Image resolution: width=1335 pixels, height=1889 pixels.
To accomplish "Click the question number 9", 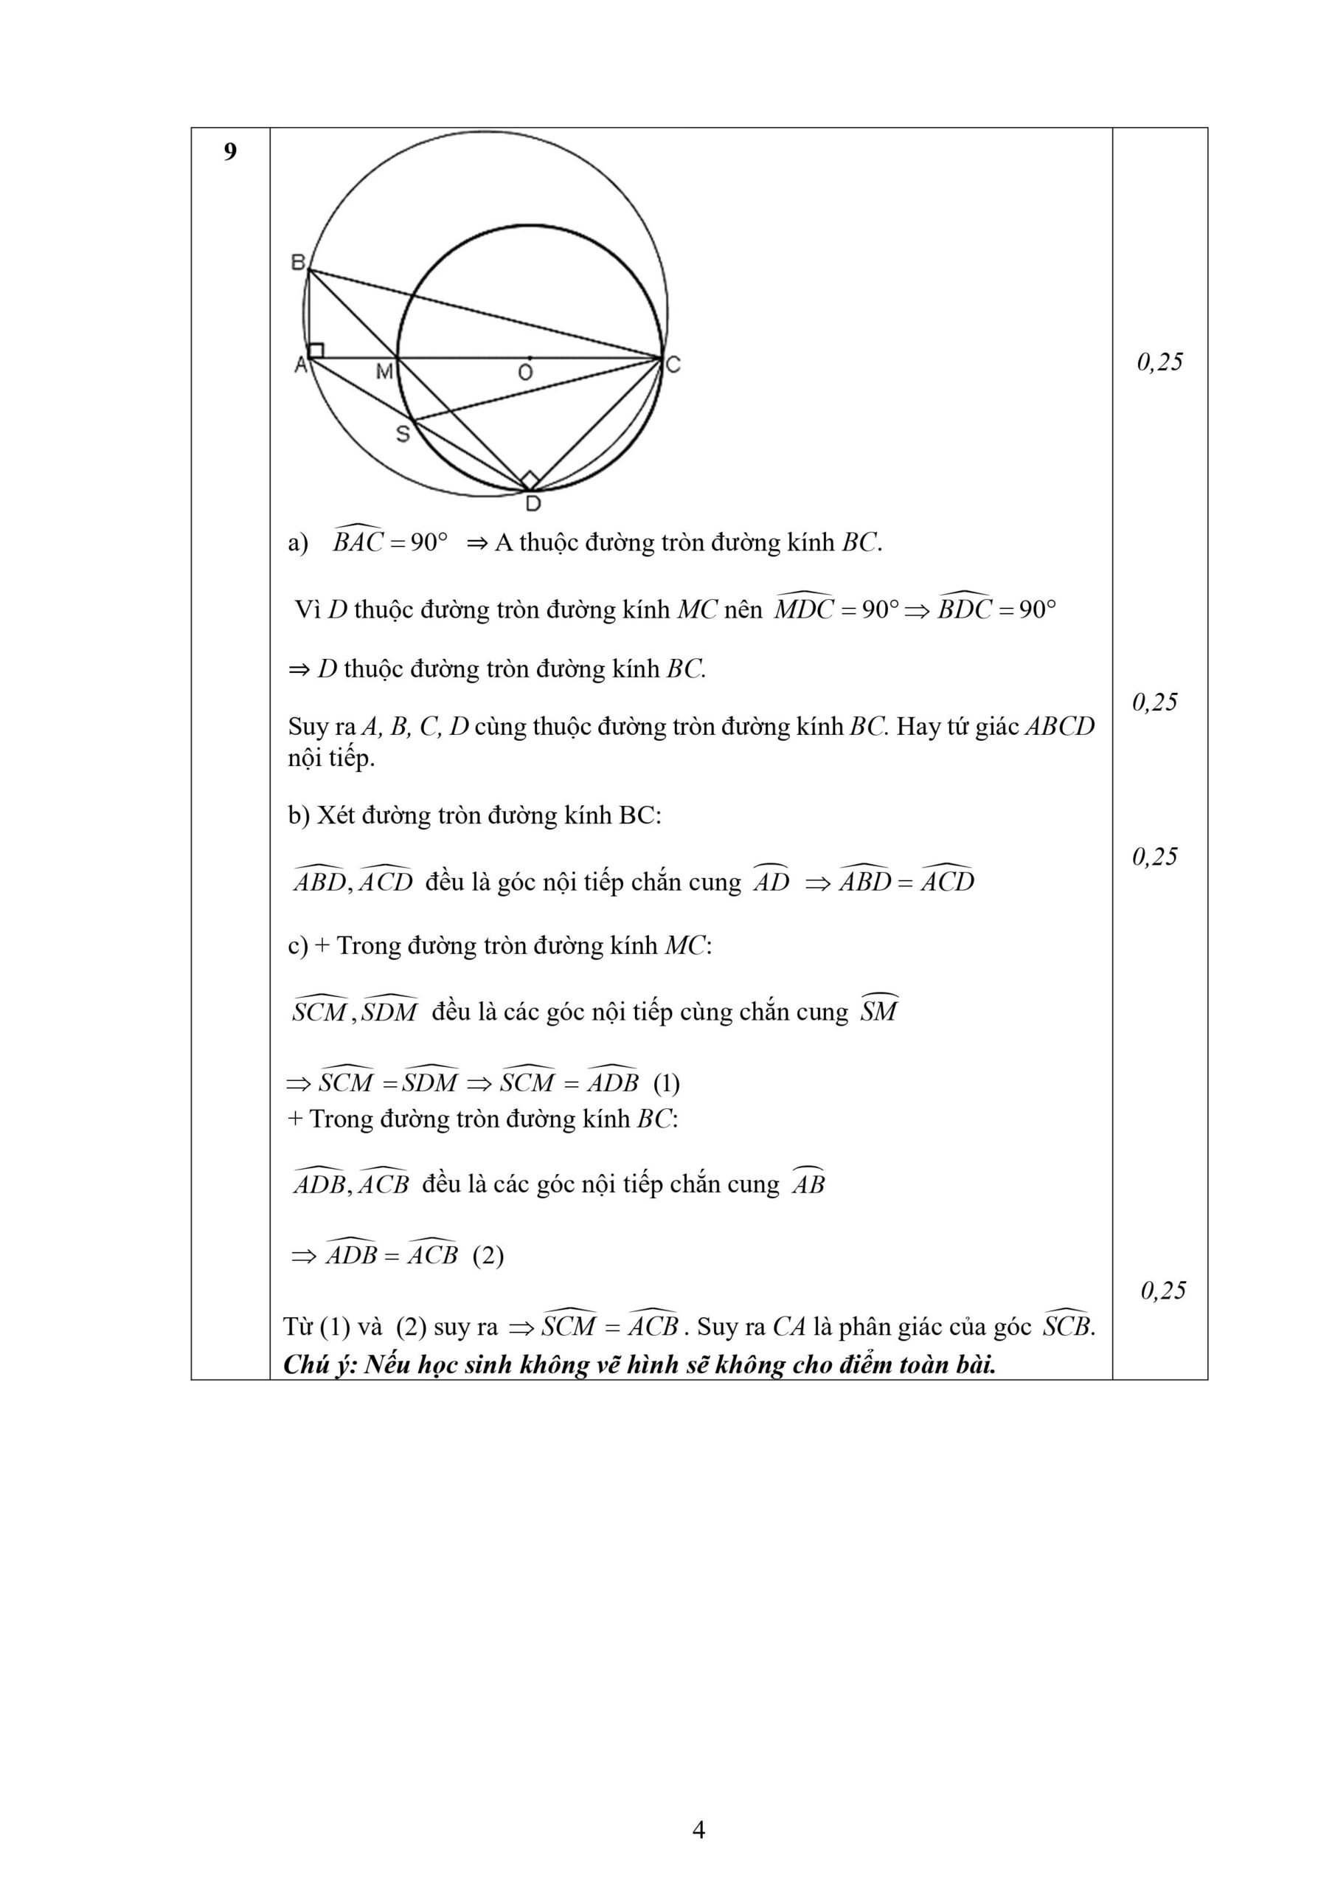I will click(229, 152).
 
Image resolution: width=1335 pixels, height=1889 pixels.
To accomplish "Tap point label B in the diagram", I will click(298, 262).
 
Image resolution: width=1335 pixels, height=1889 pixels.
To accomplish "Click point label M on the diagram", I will click(384, 372).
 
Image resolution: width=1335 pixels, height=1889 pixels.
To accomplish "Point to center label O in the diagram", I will click(525, 373).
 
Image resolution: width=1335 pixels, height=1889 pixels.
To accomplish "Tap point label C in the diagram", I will click(673, 365).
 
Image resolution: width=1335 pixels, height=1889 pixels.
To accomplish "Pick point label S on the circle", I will click(402, 434).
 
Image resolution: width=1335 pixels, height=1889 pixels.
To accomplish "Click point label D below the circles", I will click(533, 503).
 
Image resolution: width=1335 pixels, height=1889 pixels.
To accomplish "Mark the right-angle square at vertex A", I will click(316, 351).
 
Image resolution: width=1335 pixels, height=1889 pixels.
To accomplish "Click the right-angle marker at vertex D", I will click(530, 480).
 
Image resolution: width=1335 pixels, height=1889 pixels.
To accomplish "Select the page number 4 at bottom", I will click(698, 1831).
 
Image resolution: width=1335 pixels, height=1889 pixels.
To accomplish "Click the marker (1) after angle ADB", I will click(666, 1083).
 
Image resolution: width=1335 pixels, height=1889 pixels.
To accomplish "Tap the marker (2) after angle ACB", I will click(488, 1255).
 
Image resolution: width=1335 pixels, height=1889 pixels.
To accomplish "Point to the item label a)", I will click(298, 543).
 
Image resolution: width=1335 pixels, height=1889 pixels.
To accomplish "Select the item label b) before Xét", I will click(298, 815).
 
